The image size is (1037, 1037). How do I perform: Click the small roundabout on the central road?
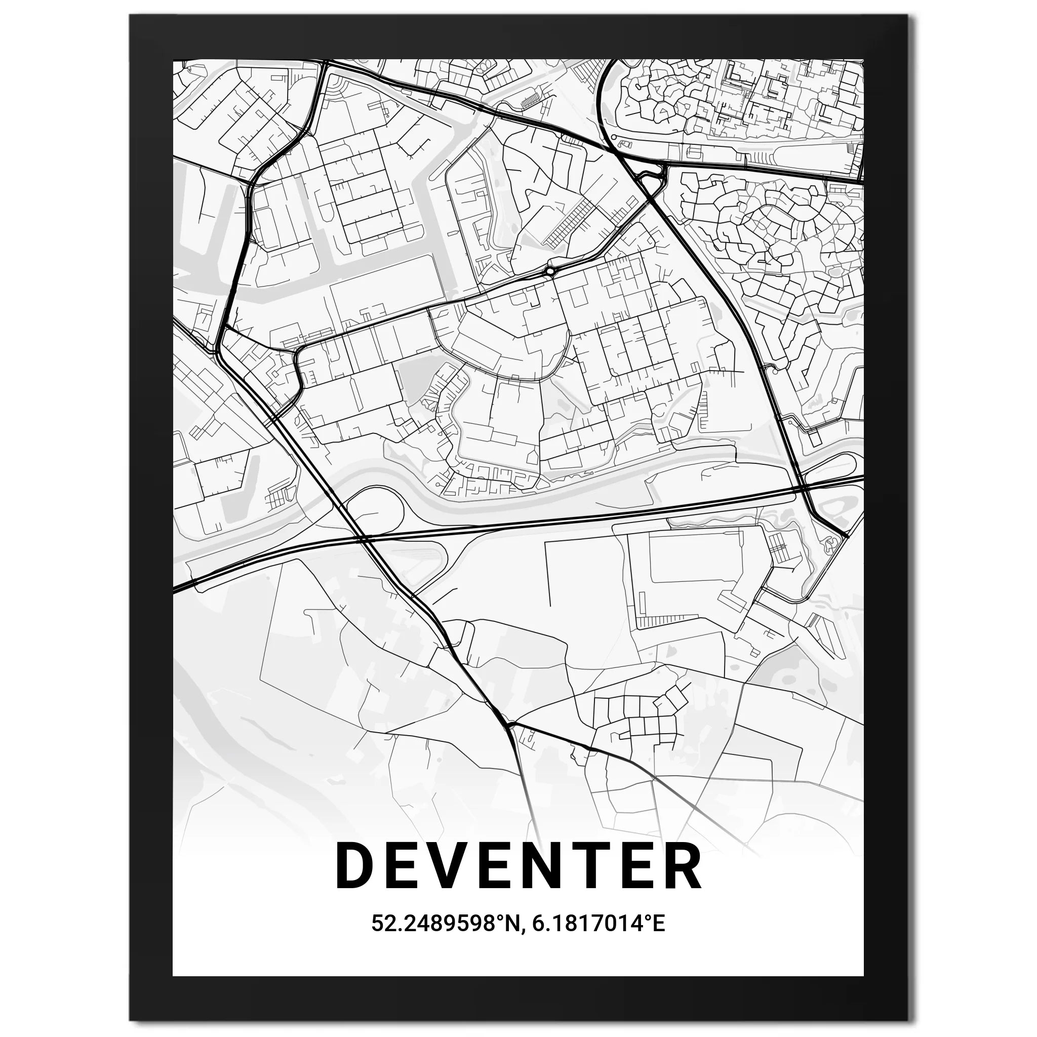click(550, 271)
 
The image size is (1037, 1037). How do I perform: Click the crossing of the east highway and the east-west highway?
click(801, 488)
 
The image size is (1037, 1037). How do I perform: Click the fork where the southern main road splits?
click(508, 726)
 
